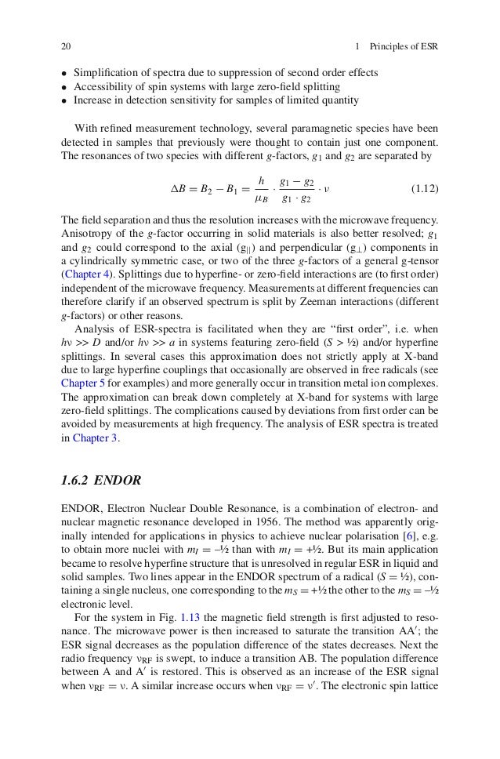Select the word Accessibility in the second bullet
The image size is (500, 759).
104,86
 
